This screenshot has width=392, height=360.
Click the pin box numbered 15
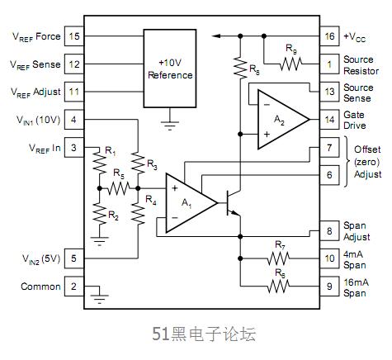point(74,36)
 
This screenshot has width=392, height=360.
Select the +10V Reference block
point(170,69)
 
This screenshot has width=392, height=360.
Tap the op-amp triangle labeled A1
point(191,203)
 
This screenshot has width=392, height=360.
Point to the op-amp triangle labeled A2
point(283,120)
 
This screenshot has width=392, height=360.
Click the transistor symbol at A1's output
point(233,203)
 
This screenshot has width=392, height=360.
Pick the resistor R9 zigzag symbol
point(290,64)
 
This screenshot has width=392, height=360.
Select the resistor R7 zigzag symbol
point(278,258)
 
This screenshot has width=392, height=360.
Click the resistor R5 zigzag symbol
point(119,188)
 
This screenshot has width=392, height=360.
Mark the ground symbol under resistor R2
point(100,240)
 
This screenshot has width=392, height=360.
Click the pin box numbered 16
point(329,36)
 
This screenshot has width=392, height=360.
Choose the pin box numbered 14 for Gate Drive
point(329,120)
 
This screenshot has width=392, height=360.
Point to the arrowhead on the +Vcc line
point(215,36)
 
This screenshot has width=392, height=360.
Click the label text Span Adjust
point(357,231)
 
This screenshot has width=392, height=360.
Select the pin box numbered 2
point(74,287)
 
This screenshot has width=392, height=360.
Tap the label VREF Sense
point(35,64)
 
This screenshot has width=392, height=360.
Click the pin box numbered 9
point(329,287)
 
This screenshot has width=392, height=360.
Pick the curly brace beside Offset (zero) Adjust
point(347,162)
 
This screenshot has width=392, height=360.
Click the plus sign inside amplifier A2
point(267,134)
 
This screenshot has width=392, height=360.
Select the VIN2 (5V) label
point(41,259)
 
